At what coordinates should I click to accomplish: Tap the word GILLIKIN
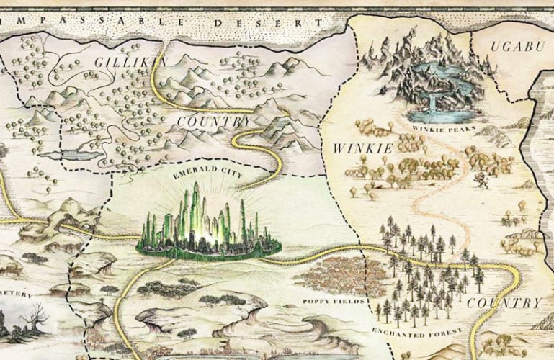click(130, 63)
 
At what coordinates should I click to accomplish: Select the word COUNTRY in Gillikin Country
click(214, 122)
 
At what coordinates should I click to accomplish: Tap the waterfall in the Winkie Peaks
click(432, 103)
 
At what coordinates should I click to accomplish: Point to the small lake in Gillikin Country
click(61, 154)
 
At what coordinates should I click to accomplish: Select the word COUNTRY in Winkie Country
click(504, 302)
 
